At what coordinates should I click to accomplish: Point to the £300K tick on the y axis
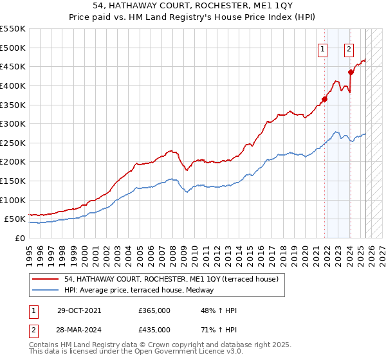[x=13, y=123]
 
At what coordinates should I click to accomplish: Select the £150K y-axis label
[x=13, y=181]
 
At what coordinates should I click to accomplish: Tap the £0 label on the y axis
[x=19, y=238]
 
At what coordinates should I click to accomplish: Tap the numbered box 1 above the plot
[x=322, y=47]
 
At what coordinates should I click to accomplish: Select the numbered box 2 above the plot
[x=349, y=47]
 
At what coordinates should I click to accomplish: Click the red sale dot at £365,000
[x=325, y=99]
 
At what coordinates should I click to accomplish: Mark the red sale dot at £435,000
[x=351, y=72]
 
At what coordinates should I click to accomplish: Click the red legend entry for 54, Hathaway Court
[x=171, y=279]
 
